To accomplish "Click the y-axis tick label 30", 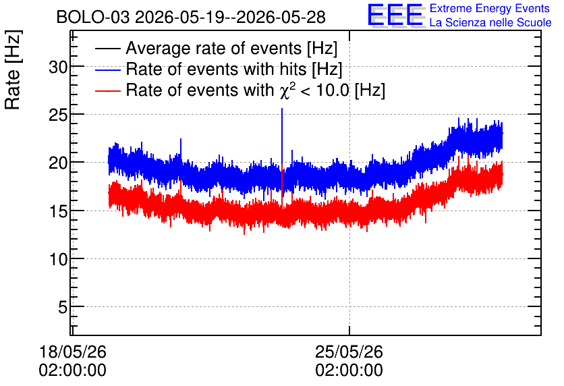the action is [58, 67].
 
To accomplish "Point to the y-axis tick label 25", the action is [58, 115].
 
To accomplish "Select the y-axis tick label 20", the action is [58, 163].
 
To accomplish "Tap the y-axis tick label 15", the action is [58, 211].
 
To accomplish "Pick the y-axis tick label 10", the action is [58, 259].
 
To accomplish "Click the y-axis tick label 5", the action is [63, 307].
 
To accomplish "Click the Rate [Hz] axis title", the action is [13, 70].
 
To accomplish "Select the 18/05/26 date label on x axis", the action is [73, 352].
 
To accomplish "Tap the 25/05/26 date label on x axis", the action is [349, 352].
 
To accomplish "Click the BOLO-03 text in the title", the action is [93, 17].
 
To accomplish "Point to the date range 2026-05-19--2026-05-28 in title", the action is [231, 17].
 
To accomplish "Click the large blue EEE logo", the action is [395, 15].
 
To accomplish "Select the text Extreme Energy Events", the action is [490, 8].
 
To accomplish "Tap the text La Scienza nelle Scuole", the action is [490, 22].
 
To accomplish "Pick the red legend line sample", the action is [107, 90].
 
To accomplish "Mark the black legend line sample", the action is [107, 49].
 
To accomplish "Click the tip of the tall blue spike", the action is [282, 108].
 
